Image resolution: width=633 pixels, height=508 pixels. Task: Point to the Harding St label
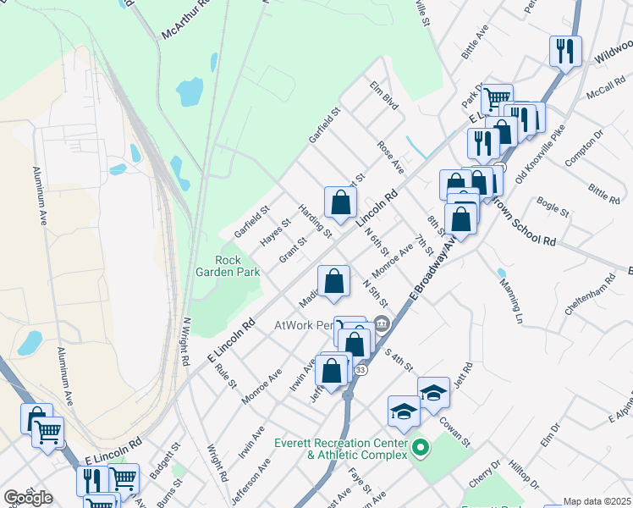tap(313, 219)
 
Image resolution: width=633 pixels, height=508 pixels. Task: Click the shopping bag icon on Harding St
tap(340, 202)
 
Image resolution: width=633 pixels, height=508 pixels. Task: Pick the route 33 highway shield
tap(361, 370)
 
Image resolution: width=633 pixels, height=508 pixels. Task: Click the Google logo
tap(28, 498)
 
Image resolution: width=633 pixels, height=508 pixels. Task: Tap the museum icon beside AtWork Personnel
tap(381, 323)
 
